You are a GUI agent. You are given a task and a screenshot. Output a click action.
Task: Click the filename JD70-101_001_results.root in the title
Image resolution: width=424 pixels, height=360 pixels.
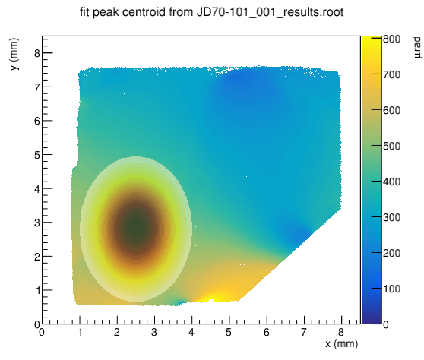[271, 12]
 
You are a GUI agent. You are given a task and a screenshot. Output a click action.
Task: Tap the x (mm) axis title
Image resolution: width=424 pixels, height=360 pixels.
[341, 344]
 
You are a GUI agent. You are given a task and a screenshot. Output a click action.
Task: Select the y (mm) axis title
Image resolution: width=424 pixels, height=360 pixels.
[14, 54]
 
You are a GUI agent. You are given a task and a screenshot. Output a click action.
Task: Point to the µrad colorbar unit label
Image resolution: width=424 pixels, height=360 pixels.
[417, 48]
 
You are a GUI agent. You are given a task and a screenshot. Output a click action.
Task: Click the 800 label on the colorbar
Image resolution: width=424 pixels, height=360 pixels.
[392, 39]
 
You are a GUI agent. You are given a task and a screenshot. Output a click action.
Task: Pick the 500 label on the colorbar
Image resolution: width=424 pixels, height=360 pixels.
[392, 146]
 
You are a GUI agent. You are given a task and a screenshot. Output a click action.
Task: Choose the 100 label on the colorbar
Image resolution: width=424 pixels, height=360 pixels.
[392, 289]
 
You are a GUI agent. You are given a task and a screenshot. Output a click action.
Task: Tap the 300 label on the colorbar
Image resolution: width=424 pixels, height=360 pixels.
[392, 217]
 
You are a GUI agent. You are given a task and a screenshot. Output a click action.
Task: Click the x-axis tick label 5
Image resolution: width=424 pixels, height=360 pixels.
[229, 332]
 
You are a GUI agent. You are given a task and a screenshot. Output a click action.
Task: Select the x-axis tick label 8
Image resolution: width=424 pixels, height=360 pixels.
[341, 332]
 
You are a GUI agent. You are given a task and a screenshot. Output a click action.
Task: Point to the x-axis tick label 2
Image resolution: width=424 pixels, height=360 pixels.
[117, 332]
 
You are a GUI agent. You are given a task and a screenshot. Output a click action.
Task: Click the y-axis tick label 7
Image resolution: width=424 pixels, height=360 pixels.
[37, 87]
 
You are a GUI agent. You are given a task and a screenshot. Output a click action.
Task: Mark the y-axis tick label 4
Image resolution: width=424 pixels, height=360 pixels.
[37, 188]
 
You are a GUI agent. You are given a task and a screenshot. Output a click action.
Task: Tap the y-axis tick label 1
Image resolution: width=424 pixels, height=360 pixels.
[37, 291]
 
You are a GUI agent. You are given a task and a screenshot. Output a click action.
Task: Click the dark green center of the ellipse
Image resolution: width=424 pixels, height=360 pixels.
[136, 228]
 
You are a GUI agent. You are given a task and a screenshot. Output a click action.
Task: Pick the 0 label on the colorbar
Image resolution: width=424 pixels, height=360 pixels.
[386, 324]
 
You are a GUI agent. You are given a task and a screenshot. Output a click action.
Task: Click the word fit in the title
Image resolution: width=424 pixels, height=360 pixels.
[85, 12]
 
